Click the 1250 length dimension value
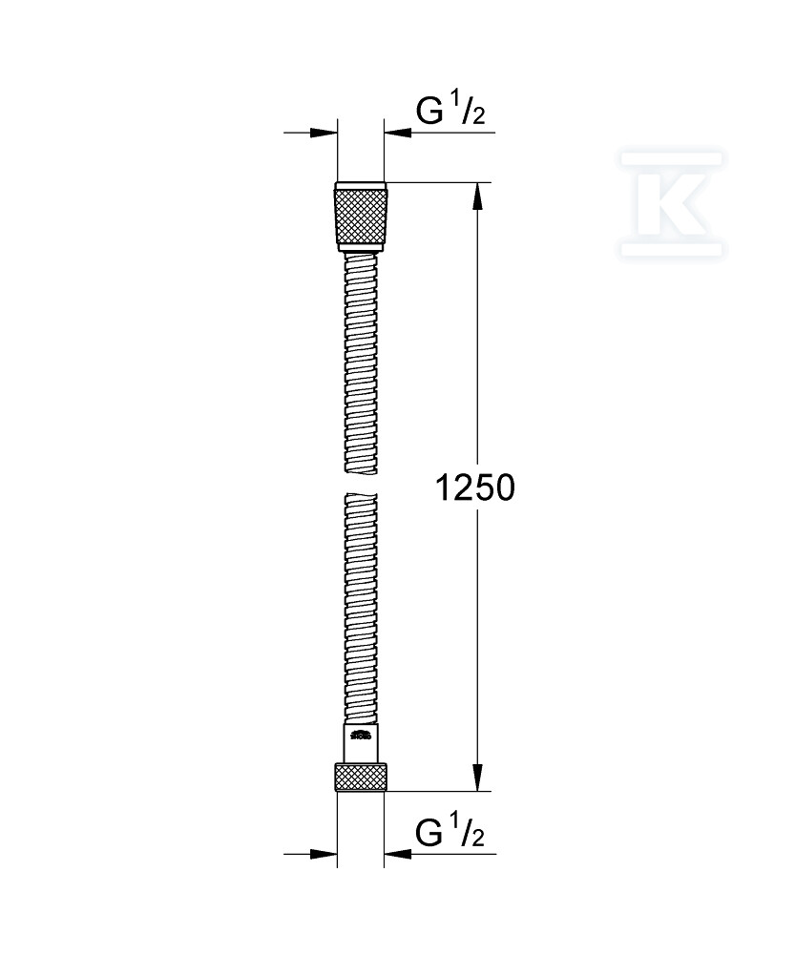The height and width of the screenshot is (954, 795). pyautogui.click(x=474, y=487)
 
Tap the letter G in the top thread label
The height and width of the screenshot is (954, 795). pyautogui.click(x=431, y=112)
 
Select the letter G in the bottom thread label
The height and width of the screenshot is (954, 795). pyautogui.click(x=431, y=833)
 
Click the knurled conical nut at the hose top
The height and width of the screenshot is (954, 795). pyautogui.click(x=361, y=216)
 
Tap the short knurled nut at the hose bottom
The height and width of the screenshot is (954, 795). pyautogui.click(x=361, y=777)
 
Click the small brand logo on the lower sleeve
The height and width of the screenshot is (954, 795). pyautogui.click(x=361, y=736)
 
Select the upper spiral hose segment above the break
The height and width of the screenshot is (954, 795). pyautogui.click(x=361, y=363)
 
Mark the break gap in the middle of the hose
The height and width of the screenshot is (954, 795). pyautogui.click(x=361, y=482)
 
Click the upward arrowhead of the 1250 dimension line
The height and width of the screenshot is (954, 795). pyautogui.click(x=478, y=196)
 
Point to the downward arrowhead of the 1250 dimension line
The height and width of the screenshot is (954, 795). pyautogui.click(x=478, y=778)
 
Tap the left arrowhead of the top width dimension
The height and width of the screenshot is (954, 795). pyautogui.click(x=326, y=134)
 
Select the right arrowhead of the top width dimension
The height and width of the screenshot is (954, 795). pyautogui.click(x=396, y=134)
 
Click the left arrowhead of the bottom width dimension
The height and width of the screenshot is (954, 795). pyautogui.click(x=326, y=854)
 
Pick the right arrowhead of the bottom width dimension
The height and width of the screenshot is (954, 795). pyautogui.click(x=396, y=854)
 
